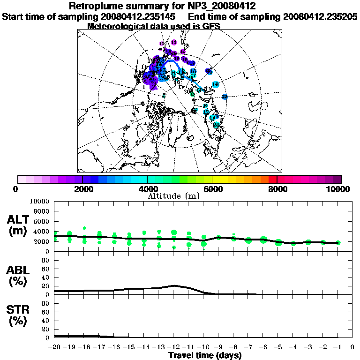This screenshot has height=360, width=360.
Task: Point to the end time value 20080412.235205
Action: [320, 16]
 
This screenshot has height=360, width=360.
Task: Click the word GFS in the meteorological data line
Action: [212, 26]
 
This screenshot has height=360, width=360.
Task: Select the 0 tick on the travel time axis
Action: [352, 347]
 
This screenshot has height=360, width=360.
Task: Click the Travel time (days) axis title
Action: [205, 355]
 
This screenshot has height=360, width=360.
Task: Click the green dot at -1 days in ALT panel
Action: [338, 242]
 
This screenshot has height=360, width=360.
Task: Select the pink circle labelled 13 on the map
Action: [174, 42]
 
